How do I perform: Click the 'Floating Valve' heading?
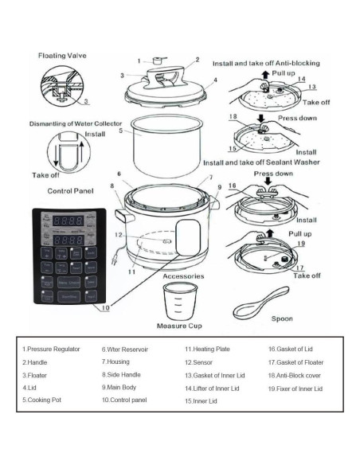click(x=63, y=57)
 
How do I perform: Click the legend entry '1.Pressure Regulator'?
click(x=52, y=349)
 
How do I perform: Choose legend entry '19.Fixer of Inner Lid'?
click(x=295, y=389)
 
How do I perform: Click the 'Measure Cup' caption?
click(x=182, y=326)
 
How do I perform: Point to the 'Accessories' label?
click(x=183, y=276)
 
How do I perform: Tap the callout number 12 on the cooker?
click(x=118, y=235)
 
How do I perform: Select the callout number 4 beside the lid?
click(x=214, y=81)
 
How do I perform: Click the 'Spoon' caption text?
click(x=282, y=319)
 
